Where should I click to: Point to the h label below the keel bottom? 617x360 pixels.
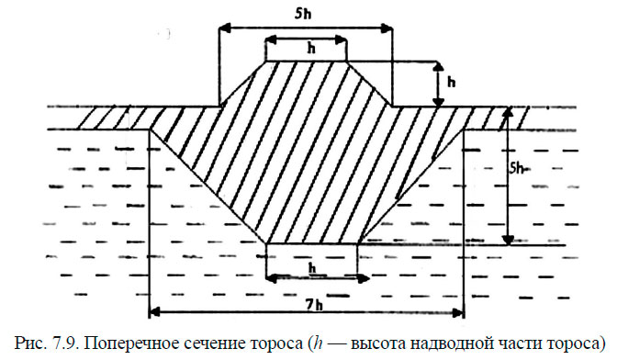tap(313, 268)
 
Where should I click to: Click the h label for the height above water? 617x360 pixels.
tap(451, 82)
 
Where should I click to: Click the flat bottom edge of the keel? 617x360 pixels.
tap(312, 243)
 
